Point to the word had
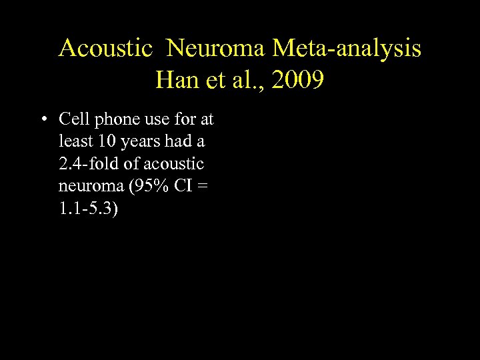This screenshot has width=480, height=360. pos(182,142)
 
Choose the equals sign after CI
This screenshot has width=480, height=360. pos(204,187)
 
